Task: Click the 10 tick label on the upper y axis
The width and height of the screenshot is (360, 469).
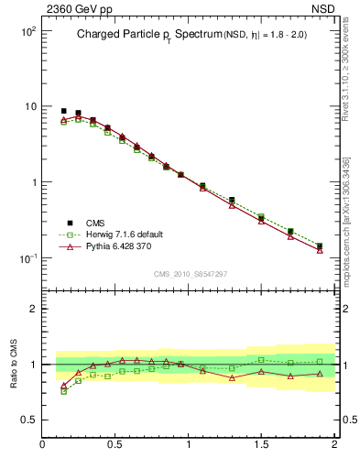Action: point(29,106)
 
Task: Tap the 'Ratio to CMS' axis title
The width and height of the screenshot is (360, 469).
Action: point(14,365)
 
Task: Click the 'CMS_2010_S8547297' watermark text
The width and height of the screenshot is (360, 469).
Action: point(190,274)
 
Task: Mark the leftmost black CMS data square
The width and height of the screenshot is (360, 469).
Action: point(63,111)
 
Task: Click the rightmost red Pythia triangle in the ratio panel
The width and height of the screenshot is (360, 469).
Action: point(320,374)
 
